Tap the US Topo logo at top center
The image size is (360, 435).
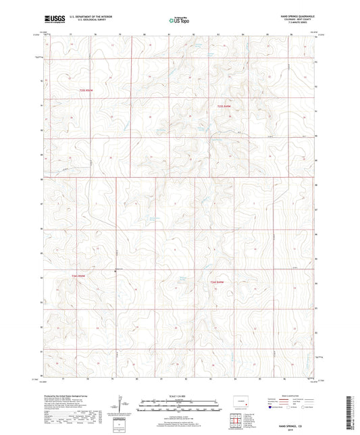[179, 20]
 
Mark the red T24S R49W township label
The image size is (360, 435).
[215, 282]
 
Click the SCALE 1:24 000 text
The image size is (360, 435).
[180, 394]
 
